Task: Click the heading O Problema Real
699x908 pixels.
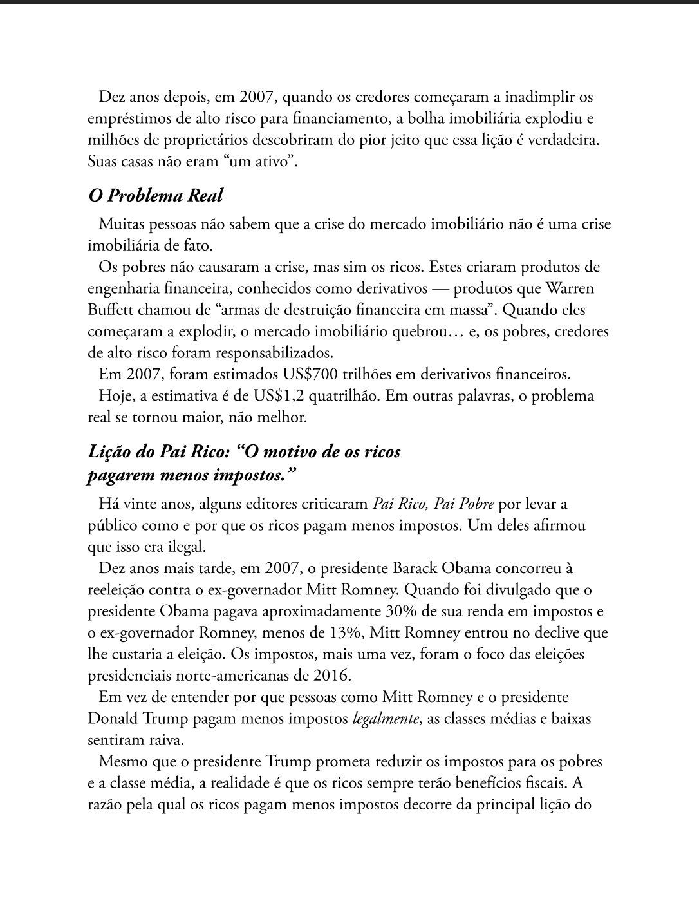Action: pos(155,195)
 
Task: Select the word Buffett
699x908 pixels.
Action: pos(109,310)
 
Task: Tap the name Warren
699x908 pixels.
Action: pos(570,288)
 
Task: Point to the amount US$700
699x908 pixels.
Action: pos(306,374)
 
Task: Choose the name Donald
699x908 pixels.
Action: pos(112,719)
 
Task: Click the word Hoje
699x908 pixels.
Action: pos(115,395)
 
